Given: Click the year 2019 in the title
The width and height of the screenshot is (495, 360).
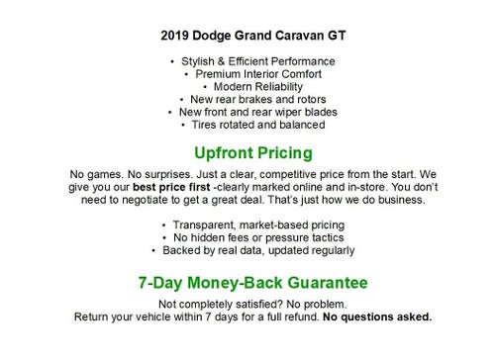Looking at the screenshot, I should pyautogui.click(x=175, y=36).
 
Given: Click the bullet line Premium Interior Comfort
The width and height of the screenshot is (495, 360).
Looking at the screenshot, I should pyautogui.click(x=252, y=74).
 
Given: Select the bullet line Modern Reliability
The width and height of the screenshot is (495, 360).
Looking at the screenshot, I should pyautogui.click(x=252, y=87).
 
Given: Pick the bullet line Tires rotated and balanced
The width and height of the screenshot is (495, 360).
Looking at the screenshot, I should pyautogui.click(x=252, y=126).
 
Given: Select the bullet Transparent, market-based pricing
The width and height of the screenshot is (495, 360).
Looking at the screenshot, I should pyautogui.click(x=252, y=225).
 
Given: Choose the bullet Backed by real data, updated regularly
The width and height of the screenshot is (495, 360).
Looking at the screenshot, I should pyautogui.click(x=252, y=250).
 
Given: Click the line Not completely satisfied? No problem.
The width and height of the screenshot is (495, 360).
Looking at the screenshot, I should pyautogui.click(x=252, y=305).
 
